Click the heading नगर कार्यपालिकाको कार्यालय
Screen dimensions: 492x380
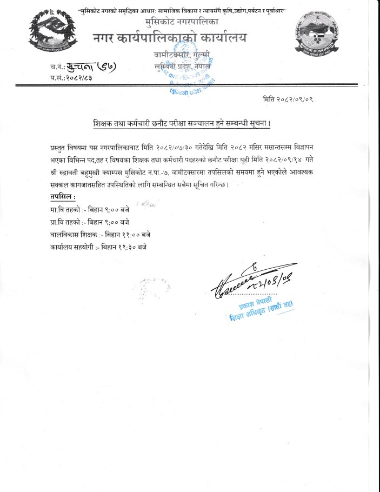tap(168, 38)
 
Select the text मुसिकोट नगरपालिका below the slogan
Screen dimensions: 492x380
tap(181, 22)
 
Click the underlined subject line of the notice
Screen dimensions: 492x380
tap(181, 124)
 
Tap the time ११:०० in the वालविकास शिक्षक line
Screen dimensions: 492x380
tap(128, 234)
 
